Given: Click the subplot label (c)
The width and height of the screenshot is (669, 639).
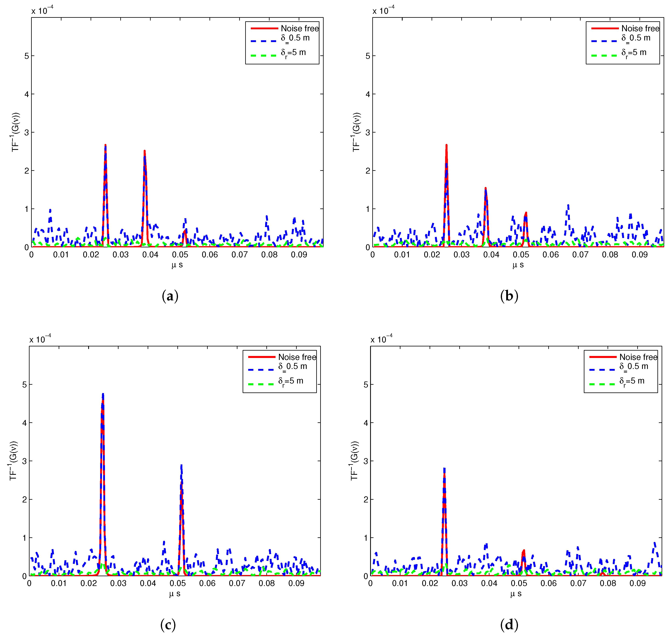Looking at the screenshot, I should (x=168, y=624).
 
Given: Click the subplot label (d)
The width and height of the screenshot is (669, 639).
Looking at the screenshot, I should (x=509, y=624).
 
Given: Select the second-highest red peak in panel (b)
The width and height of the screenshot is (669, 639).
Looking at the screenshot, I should (x=485, y=188).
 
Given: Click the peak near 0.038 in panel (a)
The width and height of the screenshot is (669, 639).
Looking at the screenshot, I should (x=145, y=151).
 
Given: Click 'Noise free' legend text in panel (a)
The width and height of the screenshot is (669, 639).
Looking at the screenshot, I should (x=299, y=28).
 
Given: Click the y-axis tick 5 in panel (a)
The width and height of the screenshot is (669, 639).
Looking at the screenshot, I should (x=27, y=56).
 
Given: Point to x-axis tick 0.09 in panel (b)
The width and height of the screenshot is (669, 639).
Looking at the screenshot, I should (x=639, y=255).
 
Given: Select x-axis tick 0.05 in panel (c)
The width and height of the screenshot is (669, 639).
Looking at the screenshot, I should (x=178, y=583).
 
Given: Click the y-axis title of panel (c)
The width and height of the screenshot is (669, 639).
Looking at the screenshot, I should (x=13, y=461).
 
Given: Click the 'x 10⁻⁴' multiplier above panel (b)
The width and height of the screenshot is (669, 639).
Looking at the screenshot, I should (x=383, y=11).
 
